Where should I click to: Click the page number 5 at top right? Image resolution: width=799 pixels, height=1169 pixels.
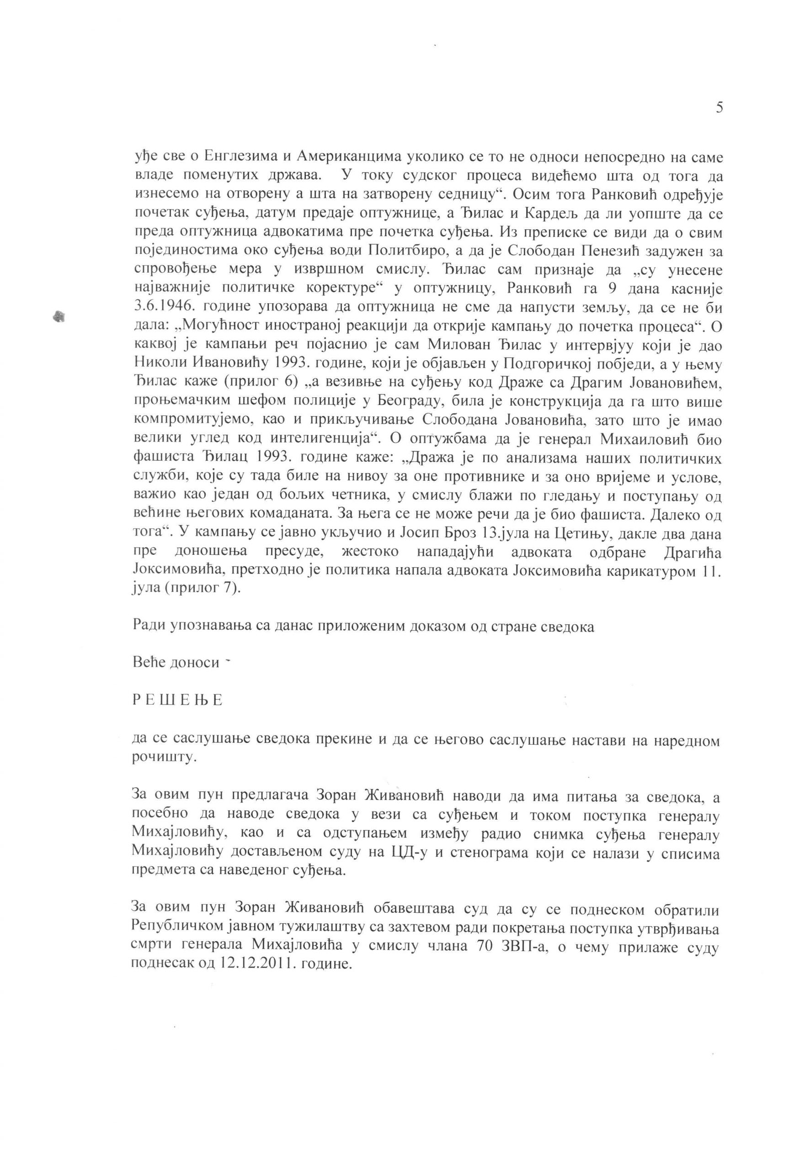pos(719,108)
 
